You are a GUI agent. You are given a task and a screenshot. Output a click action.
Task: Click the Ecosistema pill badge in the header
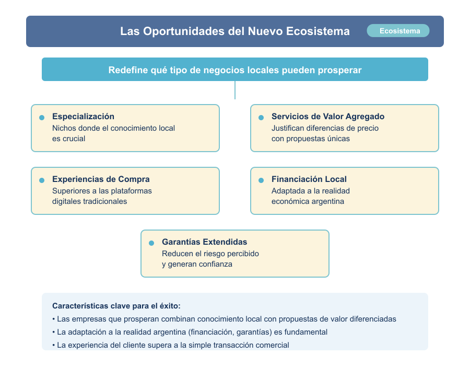point(398,31)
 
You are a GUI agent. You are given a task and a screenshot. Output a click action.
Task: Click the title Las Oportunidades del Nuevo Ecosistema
point(235,31)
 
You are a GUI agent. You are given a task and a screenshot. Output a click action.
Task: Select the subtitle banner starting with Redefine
point(235,70)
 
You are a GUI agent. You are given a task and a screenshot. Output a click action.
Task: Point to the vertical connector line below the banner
point(235,90)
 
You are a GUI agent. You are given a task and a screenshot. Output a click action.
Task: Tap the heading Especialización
point(83,117)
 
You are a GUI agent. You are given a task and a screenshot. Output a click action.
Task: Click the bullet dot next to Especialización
point(42,118)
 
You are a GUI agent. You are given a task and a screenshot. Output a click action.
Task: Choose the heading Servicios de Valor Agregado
point(327,117)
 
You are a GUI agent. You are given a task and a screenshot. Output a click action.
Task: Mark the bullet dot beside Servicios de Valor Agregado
point(261,118)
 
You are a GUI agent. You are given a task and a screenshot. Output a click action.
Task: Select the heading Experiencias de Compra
point(101,179)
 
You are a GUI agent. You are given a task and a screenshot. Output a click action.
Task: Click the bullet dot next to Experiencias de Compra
point(42,180)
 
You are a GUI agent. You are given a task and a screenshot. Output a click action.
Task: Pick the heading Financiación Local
point(309,179)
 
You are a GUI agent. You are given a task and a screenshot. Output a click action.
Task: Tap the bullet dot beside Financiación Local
point(261,180)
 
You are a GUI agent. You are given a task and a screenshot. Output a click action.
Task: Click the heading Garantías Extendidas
point(204,242)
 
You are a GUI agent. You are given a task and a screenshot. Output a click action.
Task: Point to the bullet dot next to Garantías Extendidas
point(151,243)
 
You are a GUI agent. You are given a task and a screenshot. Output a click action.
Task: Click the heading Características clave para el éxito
point(116,306)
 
